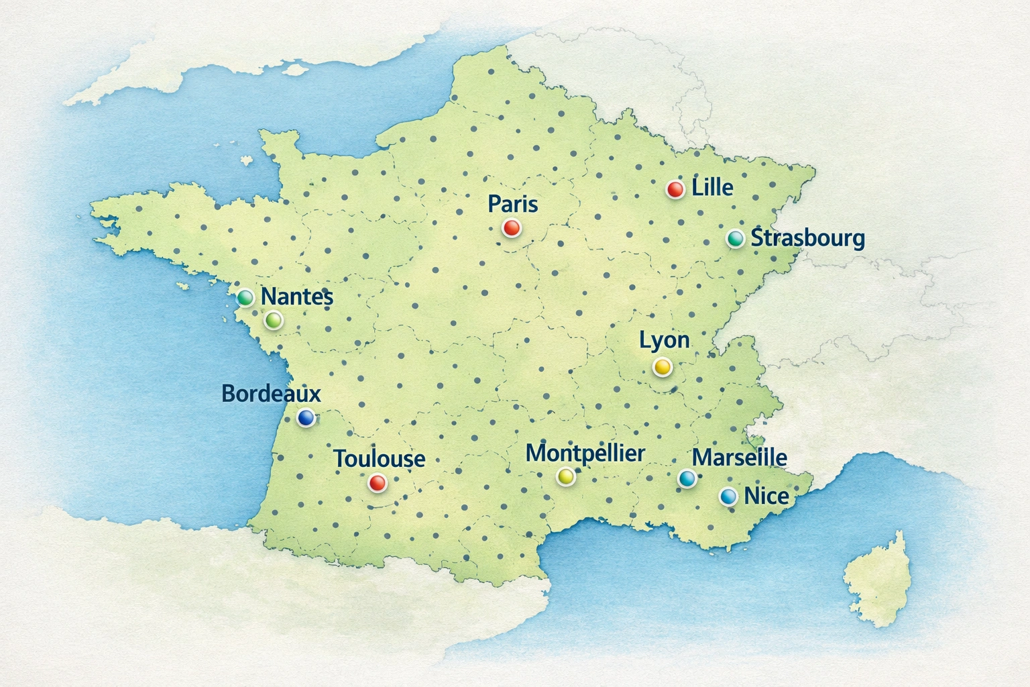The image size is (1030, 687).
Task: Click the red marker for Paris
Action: (511, 228)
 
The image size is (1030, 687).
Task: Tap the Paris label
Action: (513, 203)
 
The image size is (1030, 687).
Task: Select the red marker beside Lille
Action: (675, 189)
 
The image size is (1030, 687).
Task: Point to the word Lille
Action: (712, 187)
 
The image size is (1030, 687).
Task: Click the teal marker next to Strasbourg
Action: (736, 238)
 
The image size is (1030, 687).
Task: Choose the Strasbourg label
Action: (807, 237)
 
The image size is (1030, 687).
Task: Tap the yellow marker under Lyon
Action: (662, 366)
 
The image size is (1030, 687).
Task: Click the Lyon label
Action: (664, 339)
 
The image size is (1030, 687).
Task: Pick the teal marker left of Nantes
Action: (245, 297)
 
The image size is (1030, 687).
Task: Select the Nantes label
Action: (296, 296)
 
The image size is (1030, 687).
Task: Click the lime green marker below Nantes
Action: (273, 321)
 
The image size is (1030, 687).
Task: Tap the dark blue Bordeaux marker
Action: (306, 418)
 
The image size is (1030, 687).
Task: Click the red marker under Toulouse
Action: (378, 482)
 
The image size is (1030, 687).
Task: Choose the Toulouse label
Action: (380, 458)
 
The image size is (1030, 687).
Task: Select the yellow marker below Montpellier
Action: (566, 476)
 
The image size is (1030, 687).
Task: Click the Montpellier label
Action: (585, 453)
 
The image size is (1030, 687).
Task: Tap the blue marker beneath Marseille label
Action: (687, 478)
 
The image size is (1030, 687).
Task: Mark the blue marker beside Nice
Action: (728, 496)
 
